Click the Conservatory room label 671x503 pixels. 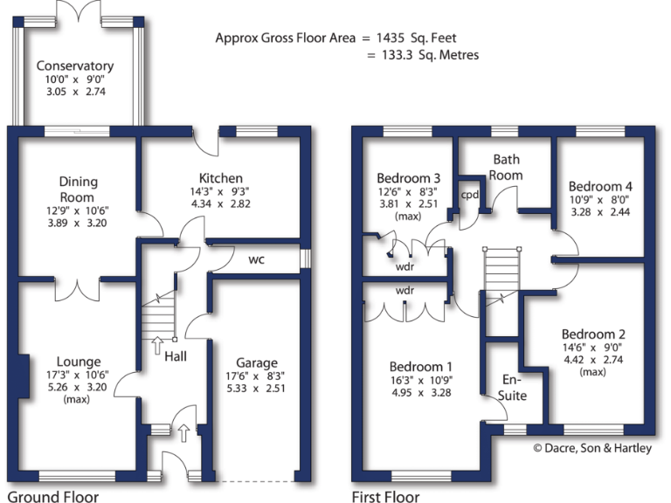tap(75, 65)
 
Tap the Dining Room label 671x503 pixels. tap(79, 189)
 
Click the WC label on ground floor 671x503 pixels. tap(257, 260)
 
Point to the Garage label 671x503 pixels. tap(256, 362)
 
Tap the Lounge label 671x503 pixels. tap(79, 362)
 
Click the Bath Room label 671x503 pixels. tap(507, 167)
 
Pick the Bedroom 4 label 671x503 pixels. tap(600, 186)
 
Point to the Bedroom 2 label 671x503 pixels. tap(593, 334)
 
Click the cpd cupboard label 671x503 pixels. tap(470, 194)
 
